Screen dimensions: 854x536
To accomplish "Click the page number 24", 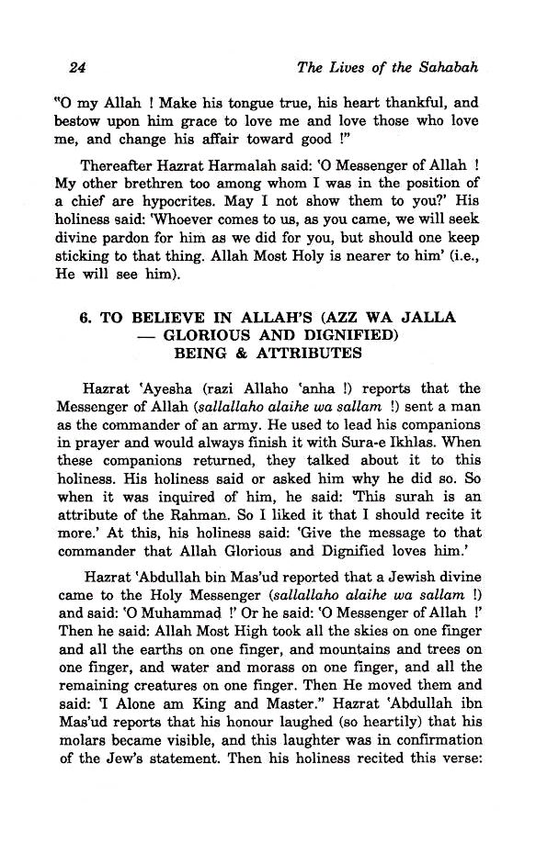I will click(77, 69).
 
